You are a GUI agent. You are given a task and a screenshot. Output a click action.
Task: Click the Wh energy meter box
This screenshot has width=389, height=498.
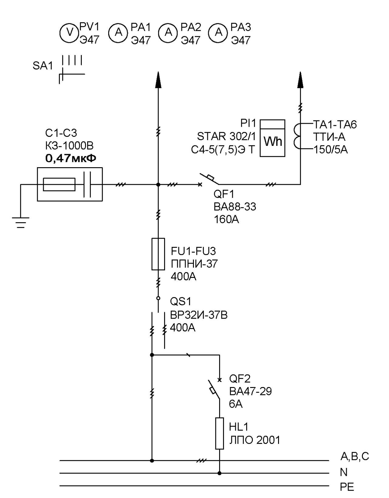click(x=272, y=138)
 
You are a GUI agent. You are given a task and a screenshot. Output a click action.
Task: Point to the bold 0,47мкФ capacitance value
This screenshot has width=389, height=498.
click(x=71, y=158)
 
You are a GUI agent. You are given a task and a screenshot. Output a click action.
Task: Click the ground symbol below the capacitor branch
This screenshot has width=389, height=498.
click(x=21, y=222)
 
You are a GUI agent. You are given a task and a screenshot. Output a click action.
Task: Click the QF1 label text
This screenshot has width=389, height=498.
click(x=224, y=194)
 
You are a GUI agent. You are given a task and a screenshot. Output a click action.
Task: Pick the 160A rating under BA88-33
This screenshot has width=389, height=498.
click(x=226, y=220)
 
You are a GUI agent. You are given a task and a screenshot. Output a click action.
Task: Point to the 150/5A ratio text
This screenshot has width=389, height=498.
click(x=330, y=150)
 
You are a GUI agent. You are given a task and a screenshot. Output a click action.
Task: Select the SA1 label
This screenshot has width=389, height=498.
click(x=43, y=66)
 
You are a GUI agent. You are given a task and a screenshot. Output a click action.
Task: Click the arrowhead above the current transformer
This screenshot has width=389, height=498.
click(x=300, y=80)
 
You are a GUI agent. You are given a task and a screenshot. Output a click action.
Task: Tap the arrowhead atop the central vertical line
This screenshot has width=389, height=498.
click(x=158, y=80)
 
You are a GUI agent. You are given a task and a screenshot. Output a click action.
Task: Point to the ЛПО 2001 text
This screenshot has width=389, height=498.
click(x=255, y=440)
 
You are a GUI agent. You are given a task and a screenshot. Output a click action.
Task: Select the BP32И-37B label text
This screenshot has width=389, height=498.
click(x=199, y=315)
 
